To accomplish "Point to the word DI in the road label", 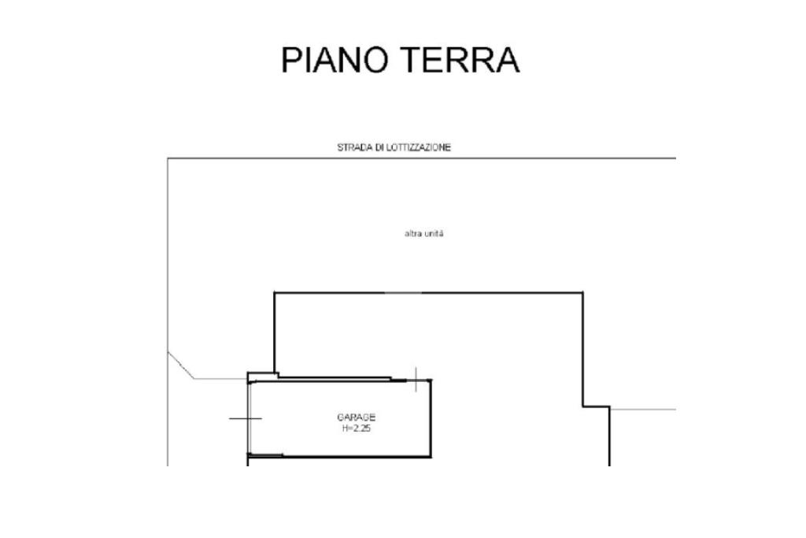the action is (x=379, y=147).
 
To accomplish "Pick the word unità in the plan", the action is (x=434, y=234).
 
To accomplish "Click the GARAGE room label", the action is (x=356, y=417).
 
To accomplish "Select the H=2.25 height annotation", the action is (x=356, y=429).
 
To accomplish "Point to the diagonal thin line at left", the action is (x=181, y=365).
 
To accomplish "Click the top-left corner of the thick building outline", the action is (x=275, y=293).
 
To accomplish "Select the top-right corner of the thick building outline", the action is (x=582, y=293).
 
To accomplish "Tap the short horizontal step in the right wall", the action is (x=596, y=406).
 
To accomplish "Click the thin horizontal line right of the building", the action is (x=643, y=410).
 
